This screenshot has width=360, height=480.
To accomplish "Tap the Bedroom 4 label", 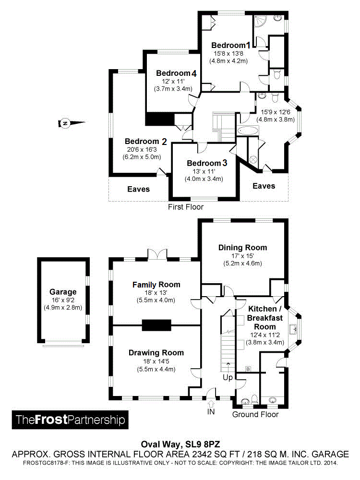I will (176, 73).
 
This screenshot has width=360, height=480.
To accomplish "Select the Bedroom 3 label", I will (207, 163).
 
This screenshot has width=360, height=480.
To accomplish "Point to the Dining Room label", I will (242, 248).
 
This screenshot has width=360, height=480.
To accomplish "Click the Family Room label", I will (156, 285).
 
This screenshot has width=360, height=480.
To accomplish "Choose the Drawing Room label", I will (156, 353).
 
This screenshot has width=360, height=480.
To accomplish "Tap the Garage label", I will (63, 292).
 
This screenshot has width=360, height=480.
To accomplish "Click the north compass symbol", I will (64, 123).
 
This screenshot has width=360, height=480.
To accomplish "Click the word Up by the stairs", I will (228, 378).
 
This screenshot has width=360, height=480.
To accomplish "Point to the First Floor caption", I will (185, 207).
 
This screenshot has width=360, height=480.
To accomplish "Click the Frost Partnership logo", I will (70, 420).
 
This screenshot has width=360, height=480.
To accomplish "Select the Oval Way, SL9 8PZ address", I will (180, 444).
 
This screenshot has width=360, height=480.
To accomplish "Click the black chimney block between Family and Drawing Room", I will (156, 325).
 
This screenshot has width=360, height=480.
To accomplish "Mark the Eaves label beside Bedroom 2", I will (138, 189).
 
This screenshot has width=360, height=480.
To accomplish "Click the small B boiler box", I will (248, 369).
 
